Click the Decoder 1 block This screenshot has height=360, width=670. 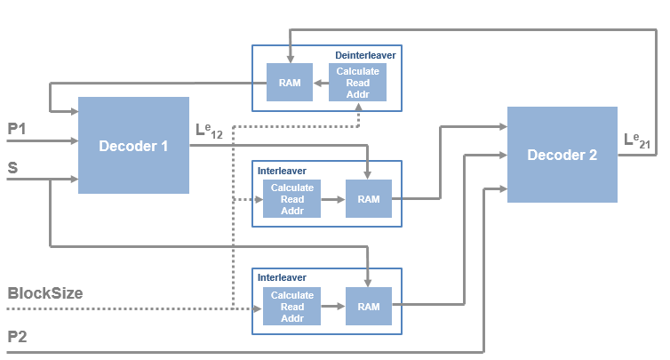tap(133, 146)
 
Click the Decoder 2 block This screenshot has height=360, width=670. tap(562, 155)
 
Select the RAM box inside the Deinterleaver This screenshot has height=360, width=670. tap(289, 83)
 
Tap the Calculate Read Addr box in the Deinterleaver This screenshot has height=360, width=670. tap(358, 83)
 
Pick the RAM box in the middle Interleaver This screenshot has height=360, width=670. tap(368, 199)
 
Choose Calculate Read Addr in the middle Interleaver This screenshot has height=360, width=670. tap(292, 199)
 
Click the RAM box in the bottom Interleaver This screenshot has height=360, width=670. tap(368, 307)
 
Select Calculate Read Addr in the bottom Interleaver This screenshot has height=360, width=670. tap(292, 307)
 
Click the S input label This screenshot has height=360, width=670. tap(12, 167)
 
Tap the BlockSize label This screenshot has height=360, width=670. tap(44, 292)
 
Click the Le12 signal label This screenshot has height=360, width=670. tap(211, 131)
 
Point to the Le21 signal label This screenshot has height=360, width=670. tap(639, 140)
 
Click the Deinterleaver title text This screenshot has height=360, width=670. tap(365, 55)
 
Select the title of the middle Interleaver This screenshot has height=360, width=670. tap(282, 169)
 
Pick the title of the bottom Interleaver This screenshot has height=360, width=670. tap(282, 276)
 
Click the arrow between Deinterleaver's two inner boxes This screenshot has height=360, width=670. tap(320, 83)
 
